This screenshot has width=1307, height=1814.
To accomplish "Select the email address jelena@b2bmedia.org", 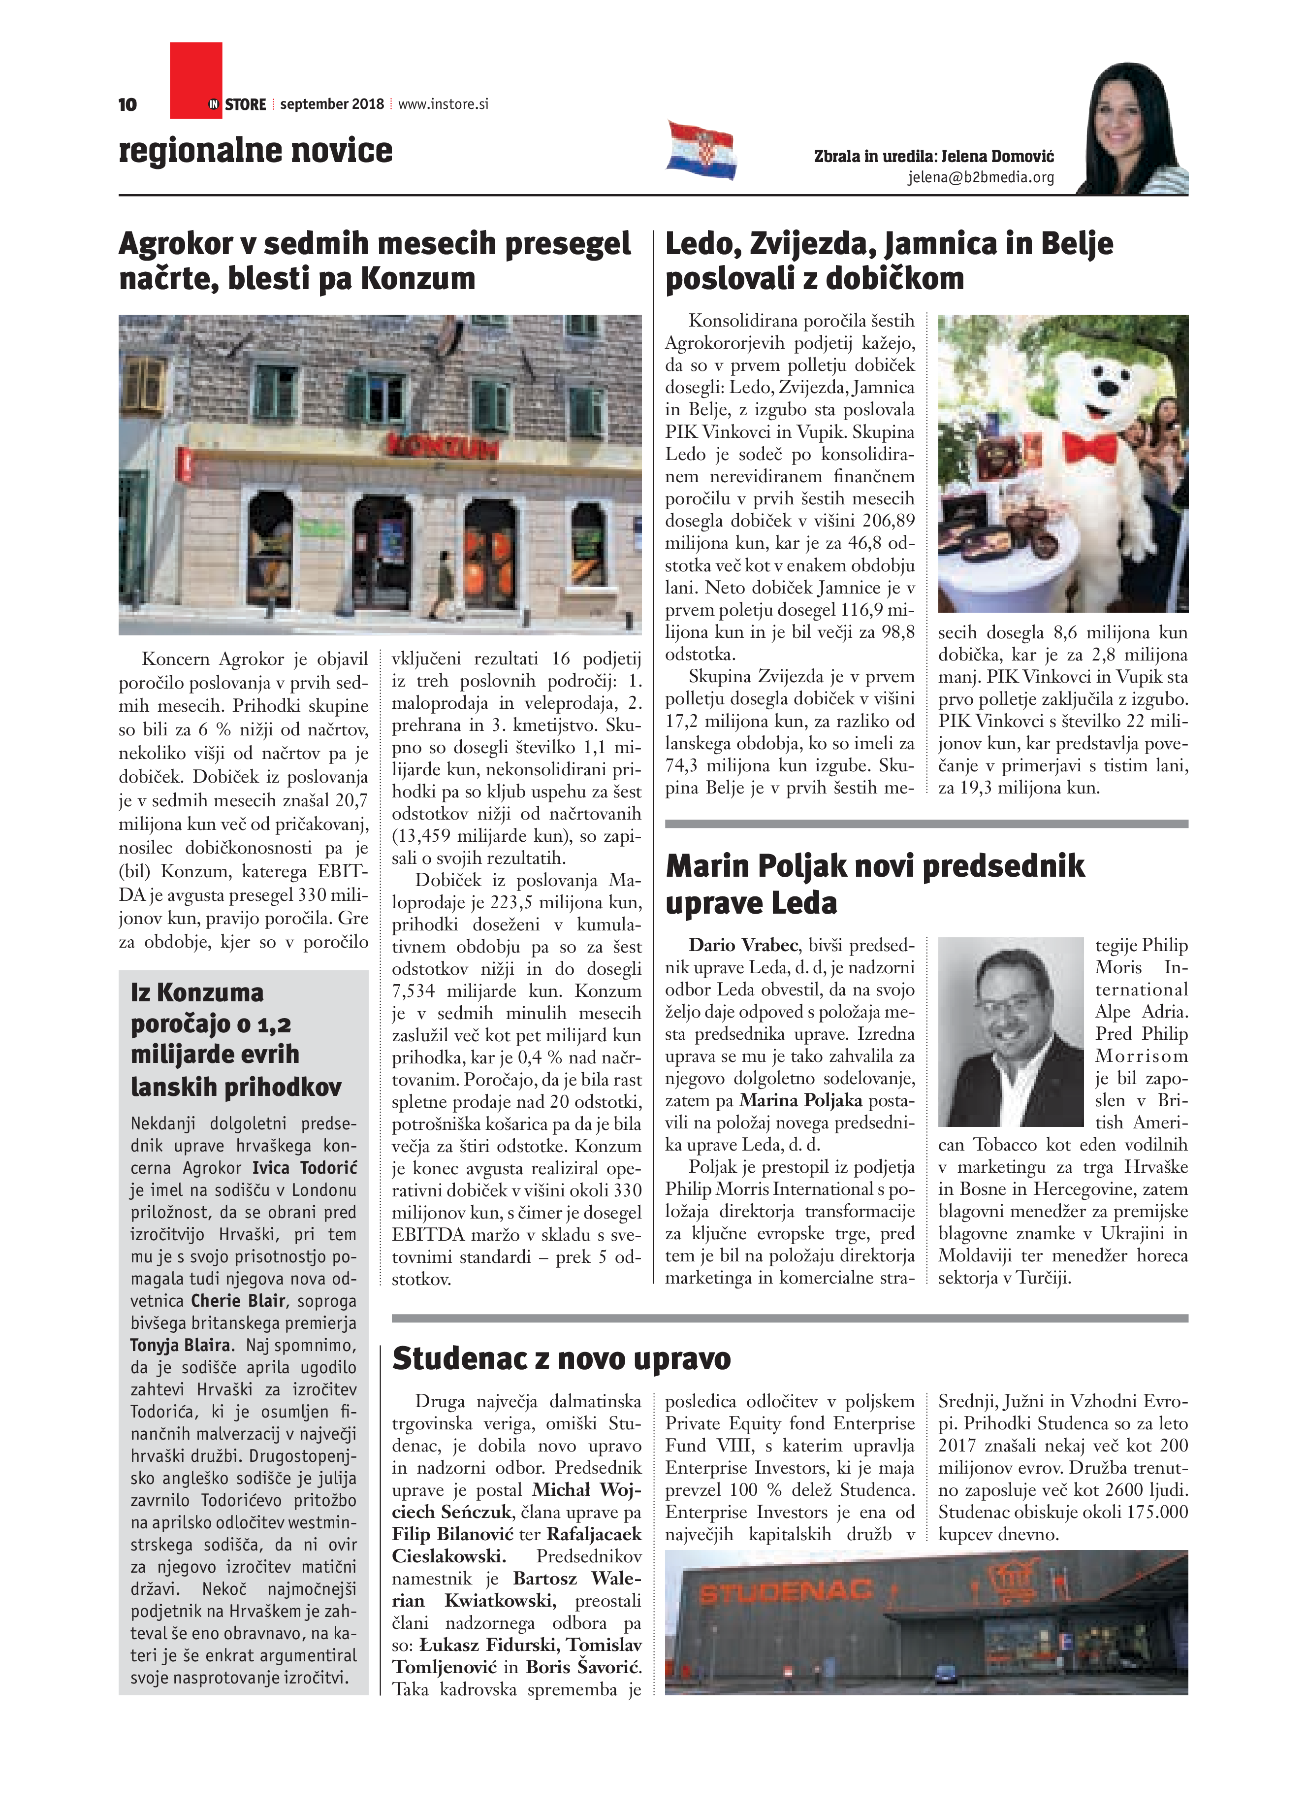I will [x=981, y=178].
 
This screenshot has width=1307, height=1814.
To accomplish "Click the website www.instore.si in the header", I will [x=443, y=104].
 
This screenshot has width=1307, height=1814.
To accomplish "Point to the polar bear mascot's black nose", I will [x=1108, y=389].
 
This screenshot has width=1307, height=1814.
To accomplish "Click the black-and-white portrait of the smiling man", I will [x=1011, y=1032].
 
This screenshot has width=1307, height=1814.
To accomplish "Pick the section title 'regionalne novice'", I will [x=256, y=150].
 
